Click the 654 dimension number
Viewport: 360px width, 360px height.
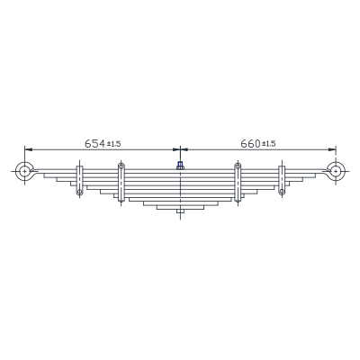tap(94, 143)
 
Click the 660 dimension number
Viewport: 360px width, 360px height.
tap(250, 144)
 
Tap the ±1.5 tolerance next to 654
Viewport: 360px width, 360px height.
tap(114, 144)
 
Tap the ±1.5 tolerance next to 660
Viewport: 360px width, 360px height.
tap(269, 144)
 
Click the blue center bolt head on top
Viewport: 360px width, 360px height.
tap(180, 164)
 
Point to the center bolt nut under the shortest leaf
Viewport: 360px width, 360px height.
tap(180, 211)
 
